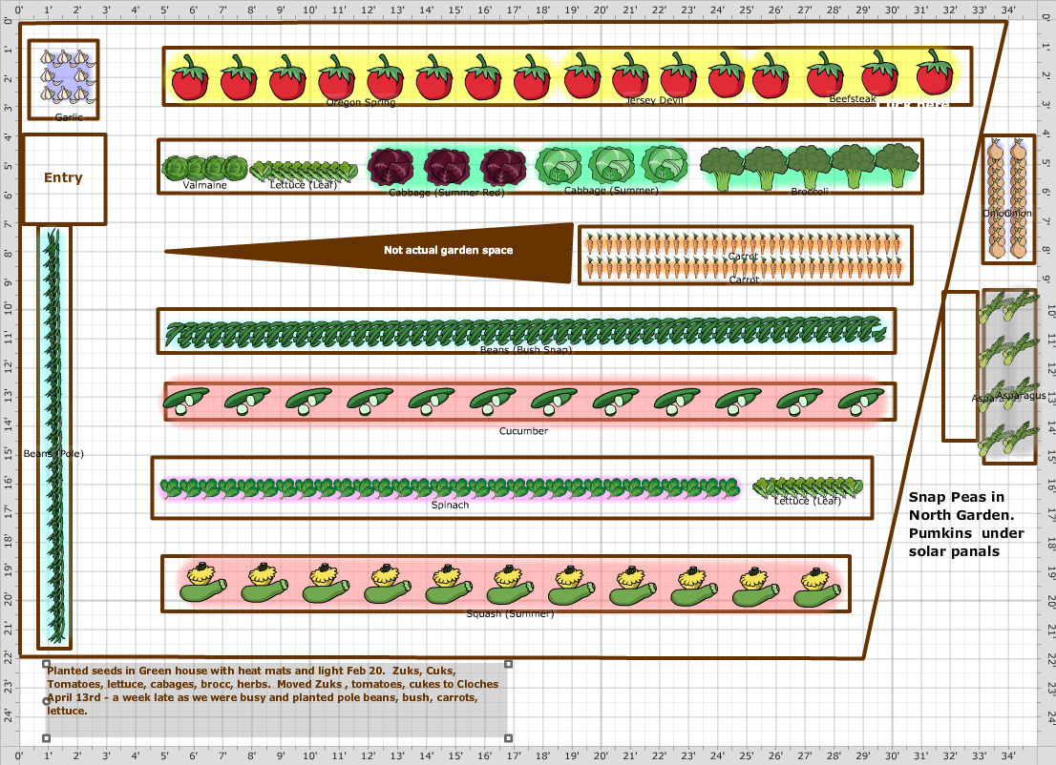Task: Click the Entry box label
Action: tap(63, 177)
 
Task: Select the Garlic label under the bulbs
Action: tap(69, 117)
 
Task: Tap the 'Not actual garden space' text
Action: tap(448, 251)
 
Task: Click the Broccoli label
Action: tap(810, 192)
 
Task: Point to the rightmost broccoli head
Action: tap(898, 166)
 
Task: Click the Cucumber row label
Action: tap(523, 431)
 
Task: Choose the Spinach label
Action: tap(450, 505)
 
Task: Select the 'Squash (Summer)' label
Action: tap(509, 613)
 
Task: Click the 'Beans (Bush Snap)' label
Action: tap(526, 350)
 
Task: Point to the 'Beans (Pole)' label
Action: tap(54, 454)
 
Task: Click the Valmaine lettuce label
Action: tap(204, 185)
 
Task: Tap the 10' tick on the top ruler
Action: tap(311, 10)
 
